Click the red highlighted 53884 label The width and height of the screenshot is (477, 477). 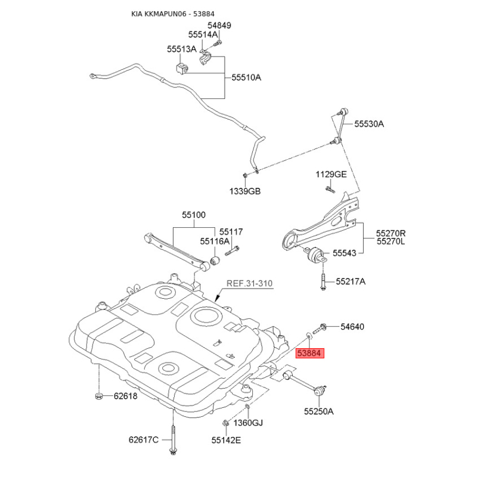310,353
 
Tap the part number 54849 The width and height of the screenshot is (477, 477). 219,25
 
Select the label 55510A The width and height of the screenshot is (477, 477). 246,78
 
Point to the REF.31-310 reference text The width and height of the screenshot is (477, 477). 249,284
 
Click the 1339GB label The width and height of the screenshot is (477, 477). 245,191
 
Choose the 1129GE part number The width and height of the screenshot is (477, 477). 331,174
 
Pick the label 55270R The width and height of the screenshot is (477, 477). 391,234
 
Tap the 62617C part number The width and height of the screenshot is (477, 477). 144,440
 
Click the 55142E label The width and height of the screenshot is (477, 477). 227,440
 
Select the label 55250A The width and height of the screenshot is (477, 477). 319,411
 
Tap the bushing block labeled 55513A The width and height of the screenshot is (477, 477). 182,68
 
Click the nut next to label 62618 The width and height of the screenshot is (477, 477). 98,397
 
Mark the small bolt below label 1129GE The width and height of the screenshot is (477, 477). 330,190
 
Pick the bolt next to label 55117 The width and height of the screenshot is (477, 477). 232,251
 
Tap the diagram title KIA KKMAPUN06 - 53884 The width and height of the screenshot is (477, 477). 173,14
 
